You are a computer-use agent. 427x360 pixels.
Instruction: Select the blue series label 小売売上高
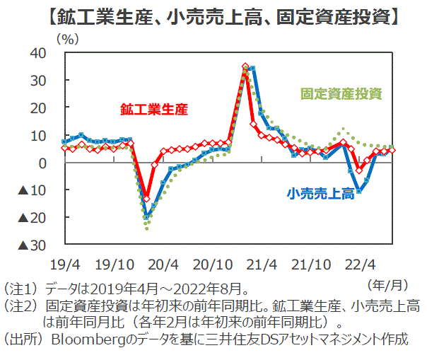point(321,193)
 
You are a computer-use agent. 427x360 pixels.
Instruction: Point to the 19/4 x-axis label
point(64,265)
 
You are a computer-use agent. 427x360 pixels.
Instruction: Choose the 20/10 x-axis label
point(211,265)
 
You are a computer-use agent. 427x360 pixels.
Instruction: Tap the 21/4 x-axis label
point(262,265)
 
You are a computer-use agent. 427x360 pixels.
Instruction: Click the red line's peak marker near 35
point(245,66)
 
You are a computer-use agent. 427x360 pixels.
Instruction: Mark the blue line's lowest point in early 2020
point(147,217)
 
